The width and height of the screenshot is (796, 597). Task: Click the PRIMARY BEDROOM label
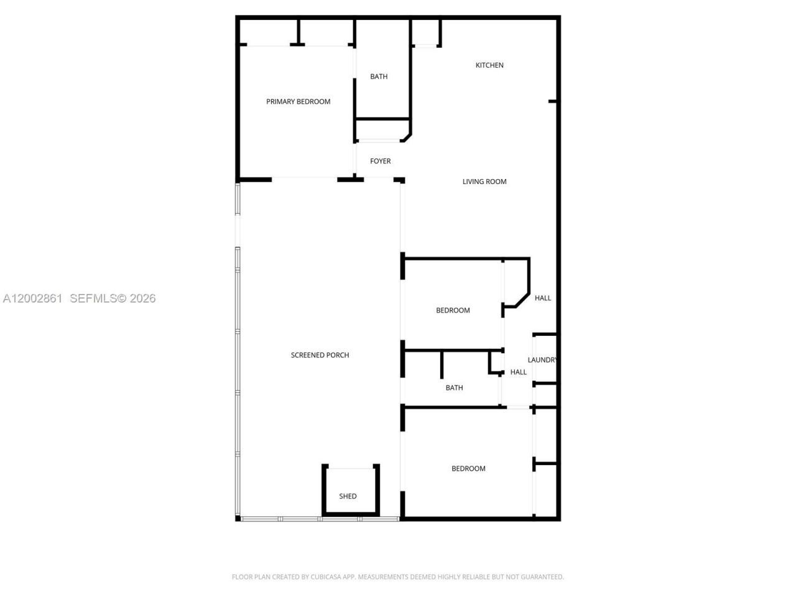(298, 101)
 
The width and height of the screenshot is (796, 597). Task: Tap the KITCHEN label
(489, 65)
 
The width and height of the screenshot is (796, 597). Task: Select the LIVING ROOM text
(484, 182)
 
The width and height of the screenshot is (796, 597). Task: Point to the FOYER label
(380, 161)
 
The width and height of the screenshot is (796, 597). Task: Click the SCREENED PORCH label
(320, 355)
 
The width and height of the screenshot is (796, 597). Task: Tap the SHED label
(348, 496)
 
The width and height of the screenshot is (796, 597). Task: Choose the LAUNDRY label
(542, 360)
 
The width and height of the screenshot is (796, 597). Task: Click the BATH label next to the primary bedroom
(379, 76)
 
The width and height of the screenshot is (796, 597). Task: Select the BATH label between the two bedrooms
(454, 388)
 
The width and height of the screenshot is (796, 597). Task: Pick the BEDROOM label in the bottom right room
(468, 469)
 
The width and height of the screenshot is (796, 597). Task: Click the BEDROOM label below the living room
(453, 310)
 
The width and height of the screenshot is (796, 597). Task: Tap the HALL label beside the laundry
(518, 373)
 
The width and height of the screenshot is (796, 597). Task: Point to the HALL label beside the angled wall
(543, 298)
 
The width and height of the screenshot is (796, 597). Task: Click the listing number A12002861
(32, 298)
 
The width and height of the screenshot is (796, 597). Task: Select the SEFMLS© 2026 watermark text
(113, 298)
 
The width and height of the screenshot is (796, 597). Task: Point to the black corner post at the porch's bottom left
(238, 518)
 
